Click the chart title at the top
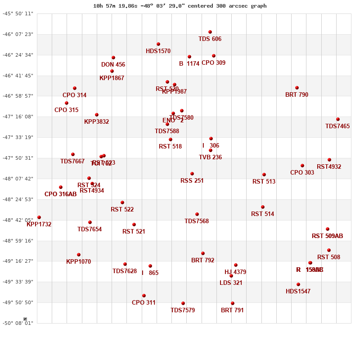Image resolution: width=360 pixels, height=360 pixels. pos(180,6)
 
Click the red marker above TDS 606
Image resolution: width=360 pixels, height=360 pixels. pos(210,32)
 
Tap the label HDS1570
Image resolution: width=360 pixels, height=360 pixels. pos(158,51)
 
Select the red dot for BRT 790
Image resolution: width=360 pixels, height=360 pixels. pos(297,88)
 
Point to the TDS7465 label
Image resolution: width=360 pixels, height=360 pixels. pos(337,126)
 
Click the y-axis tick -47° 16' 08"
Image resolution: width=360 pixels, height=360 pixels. pos(18,117)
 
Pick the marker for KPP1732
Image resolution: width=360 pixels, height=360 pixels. pos(39,217)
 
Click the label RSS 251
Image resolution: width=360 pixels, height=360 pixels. pos(192,181)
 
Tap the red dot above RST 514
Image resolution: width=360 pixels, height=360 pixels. pos(263,207)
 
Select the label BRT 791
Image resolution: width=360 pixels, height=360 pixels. pos(232,310)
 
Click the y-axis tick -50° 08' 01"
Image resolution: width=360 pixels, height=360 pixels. pos(18,323)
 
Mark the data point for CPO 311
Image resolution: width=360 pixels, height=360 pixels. pos(144,296)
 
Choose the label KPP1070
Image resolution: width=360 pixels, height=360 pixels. pos(78,262)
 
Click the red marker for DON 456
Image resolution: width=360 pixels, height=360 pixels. pos(113,58)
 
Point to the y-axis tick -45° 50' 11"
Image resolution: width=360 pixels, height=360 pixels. pos(18,13)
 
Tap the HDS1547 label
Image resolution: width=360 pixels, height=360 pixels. pos(298,292)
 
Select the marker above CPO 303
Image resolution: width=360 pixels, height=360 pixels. pos(302,166)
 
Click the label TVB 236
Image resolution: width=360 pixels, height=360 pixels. pos(210,157)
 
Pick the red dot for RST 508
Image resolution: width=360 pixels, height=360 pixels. pos(329,250)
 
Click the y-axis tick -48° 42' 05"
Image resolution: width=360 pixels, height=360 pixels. pos(18,220)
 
